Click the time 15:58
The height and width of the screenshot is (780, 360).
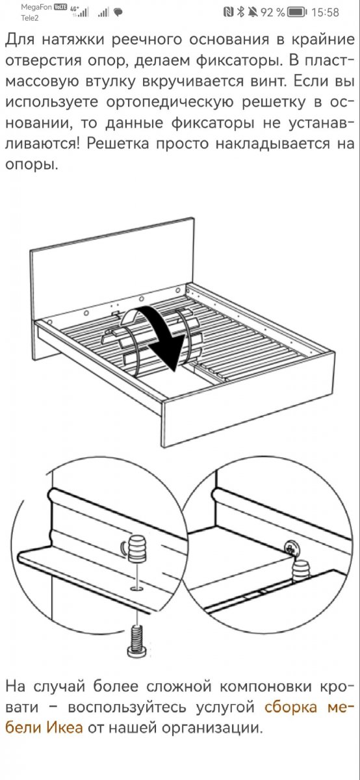pos(325,12)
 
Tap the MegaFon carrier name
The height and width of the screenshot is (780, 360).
pos(36,7)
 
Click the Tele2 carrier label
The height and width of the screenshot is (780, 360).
pos(30,18)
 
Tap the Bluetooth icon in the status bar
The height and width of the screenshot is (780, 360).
pos(240,12)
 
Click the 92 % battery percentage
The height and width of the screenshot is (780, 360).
pos(273,12)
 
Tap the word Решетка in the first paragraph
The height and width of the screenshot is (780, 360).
pos(118,143)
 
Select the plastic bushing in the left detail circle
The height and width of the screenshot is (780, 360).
pos(137,549)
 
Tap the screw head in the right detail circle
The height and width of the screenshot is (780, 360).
pos(291,548)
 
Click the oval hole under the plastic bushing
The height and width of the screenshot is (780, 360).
pos(137,589)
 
